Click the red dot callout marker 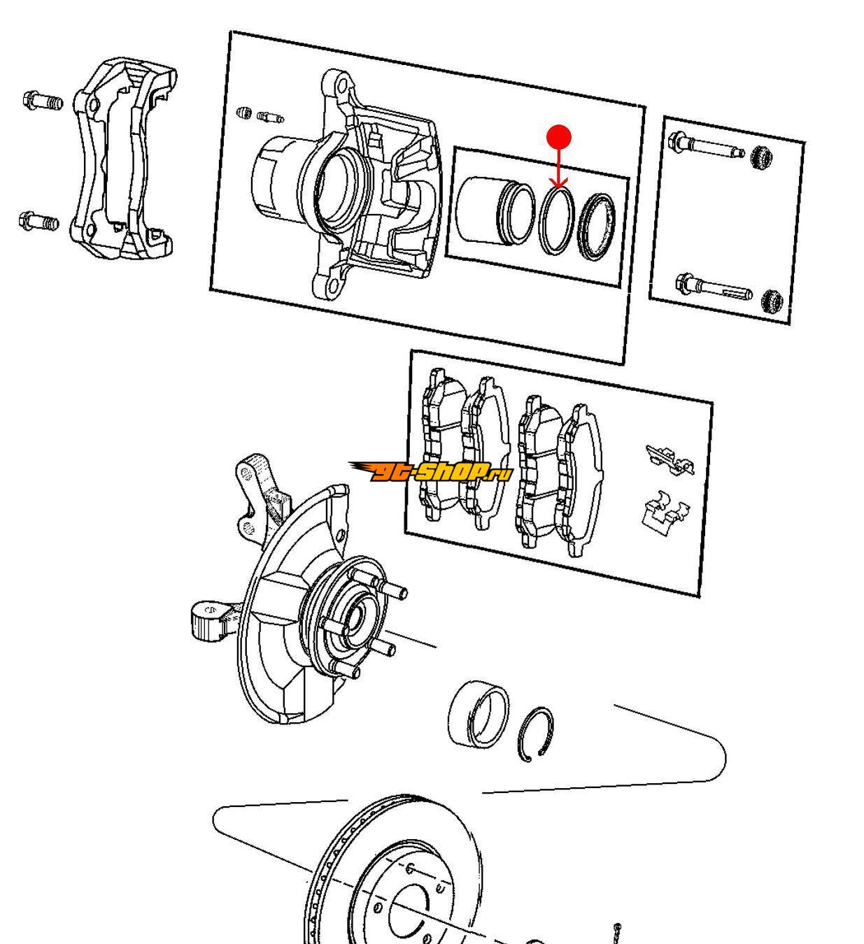(558, 137)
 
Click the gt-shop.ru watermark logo (431, 472)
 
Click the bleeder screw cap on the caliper (244, 112)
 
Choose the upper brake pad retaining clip (670, 459)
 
